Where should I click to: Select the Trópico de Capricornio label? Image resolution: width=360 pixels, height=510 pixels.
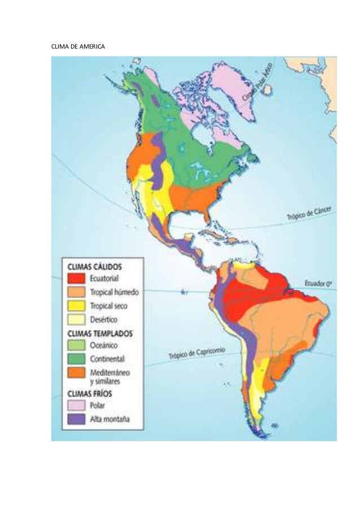(197, 354)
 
